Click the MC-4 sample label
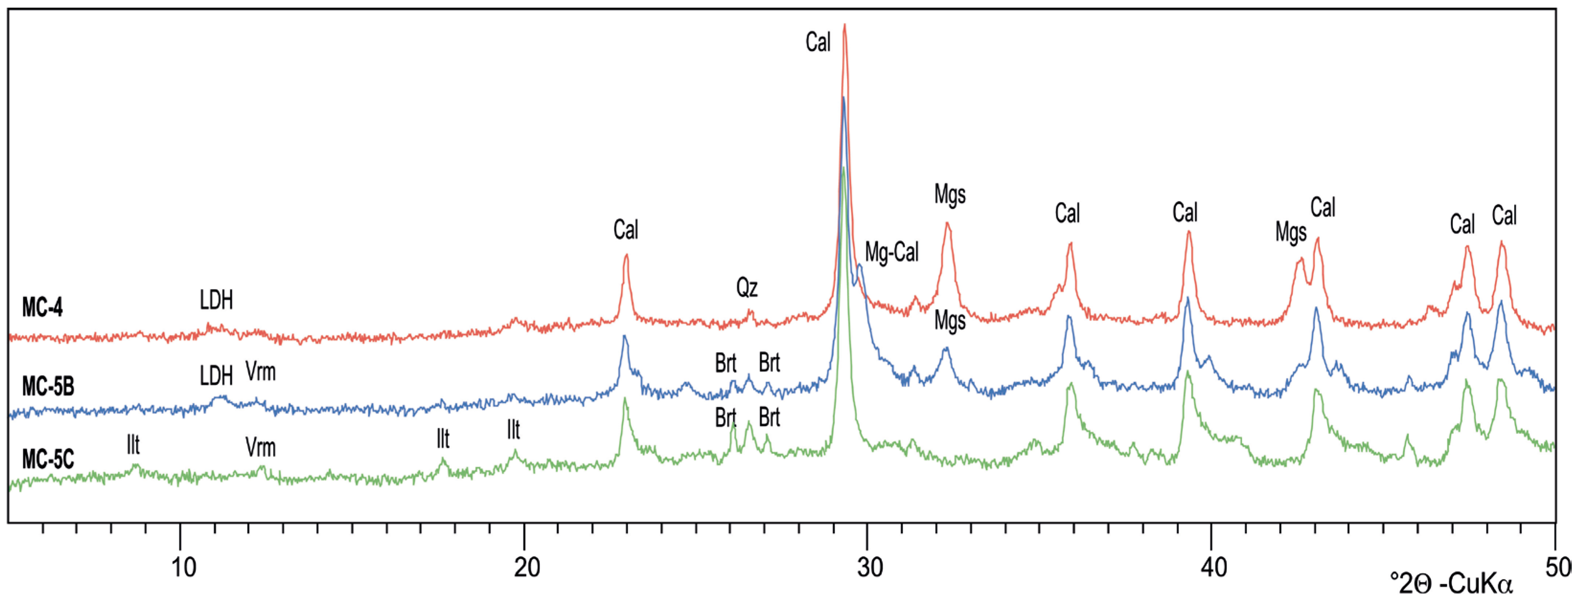(x=42, y=307)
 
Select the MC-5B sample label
(x=48, y=387)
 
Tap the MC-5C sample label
(x=48, y=459)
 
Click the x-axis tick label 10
(x=183, y=568)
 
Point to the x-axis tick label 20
(x=526, y=568)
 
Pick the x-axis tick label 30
(x=870, y=568)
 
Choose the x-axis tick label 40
(x=1213, y=568)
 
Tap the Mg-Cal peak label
(x=891, y=252)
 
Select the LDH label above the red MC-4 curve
(x=216, y=300)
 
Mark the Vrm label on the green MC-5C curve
(x=260, y=447)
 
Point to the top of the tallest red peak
(x=845, y=24)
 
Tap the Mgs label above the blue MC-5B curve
(x=949, y=321)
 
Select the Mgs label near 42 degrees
(x=1291, y=233)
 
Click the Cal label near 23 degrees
(x=626, y=230)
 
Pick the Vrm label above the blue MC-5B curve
(x=260, y=372)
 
